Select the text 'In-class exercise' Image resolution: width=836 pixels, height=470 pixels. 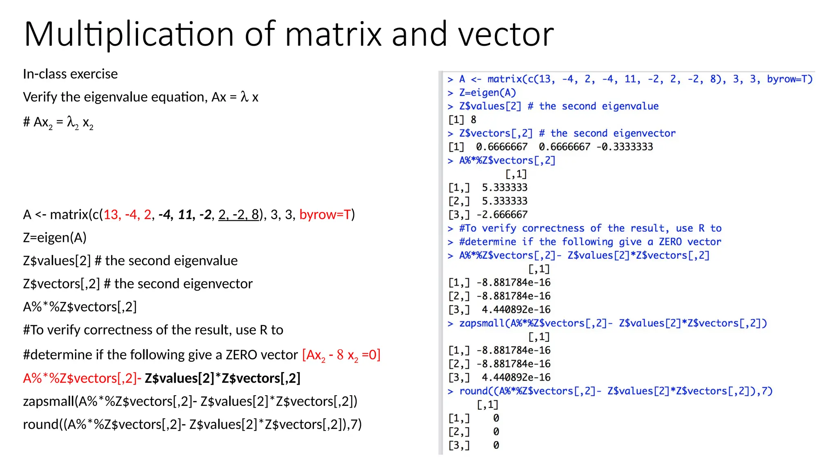coord(70,74)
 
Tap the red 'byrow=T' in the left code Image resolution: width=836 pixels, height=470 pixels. coord(325,214)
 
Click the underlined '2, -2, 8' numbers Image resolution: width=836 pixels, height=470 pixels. coord(238,214)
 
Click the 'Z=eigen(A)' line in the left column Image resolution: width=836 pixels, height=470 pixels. coord(55,237)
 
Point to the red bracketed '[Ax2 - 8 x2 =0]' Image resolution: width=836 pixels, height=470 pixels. coord(341,355)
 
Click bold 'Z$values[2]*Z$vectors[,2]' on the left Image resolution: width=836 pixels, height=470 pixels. coord(222,378)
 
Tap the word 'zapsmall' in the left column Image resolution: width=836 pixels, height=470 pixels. coord(49,401)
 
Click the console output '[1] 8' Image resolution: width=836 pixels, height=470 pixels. coord(462,120)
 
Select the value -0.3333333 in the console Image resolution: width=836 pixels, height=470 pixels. coord(625,147)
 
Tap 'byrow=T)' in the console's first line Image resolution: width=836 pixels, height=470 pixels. coord(789,79)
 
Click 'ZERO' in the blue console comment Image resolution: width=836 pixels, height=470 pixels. coord(670,242)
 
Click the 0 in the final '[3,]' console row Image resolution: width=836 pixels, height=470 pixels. coord(496,445)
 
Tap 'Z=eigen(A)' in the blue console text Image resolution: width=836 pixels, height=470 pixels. coord(487,93)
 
